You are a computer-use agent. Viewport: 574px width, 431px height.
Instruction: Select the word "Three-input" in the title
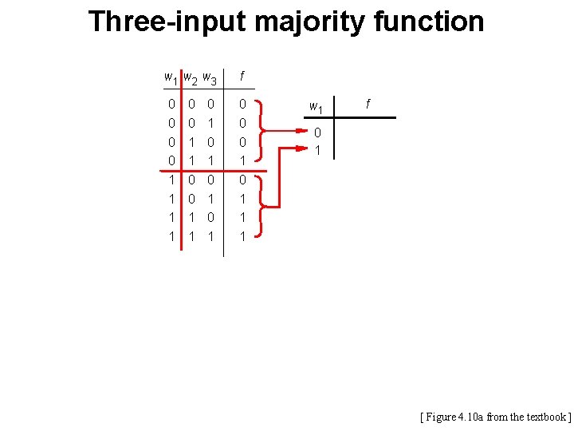(x=168, y=22)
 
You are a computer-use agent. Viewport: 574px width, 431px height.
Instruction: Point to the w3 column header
(x=210, y=78)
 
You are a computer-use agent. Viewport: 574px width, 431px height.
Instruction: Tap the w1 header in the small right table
(x=316, y=106)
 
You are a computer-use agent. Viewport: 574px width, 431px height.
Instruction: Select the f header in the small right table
(x=368, y=103)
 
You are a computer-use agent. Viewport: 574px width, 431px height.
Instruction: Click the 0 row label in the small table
(x=316, y=132)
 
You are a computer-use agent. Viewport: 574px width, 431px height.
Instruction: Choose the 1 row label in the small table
(x=316, y=149)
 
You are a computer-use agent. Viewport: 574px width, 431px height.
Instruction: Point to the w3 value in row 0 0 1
(x=210, y=123)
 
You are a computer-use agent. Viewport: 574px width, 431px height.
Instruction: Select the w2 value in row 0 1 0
(x=191, y=142)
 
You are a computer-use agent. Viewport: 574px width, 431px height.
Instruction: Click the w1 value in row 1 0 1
(x=171, y=199)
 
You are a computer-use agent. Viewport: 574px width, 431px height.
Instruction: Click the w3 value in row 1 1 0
(x=210, y=217)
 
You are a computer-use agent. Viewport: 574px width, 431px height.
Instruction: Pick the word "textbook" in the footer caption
(x=545, y=417)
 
